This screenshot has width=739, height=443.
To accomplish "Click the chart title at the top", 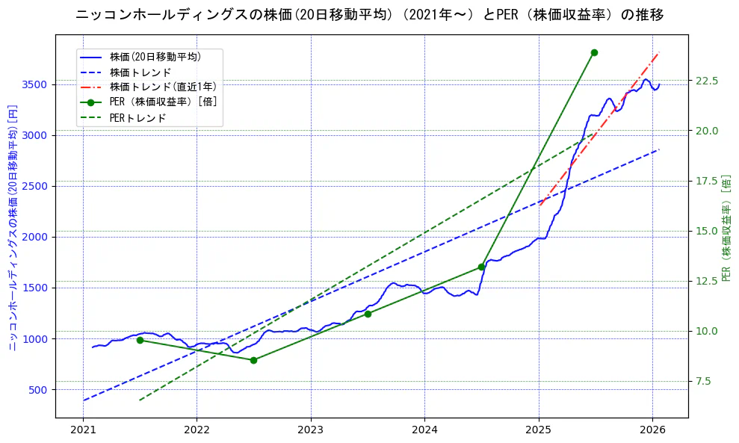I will pyautogui.click(x=370, y=15).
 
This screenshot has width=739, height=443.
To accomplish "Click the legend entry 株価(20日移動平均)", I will pyautogui.click(x=155, y=56).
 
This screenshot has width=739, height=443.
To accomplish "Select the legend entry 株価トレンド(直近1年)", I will pyautogui.click(x=163, y=87).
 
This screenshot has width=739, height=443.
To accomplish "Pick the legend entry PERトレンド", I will pyautogui.click(x=137, y=118).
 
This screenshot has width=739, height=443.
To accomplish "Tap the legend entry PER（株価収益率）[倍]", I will pyautogui.click(x=163, y=102).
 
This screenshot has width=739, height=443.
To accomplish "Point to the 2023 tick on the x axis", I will pyautogui.click(x=311, y=430).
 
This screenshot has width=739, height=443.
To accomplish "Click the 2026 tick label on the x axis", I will pyautogui.click(x=652, y=430).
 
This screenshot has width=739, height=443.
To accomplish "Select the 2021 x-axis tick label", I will pyautogui.click(x=83, y=430).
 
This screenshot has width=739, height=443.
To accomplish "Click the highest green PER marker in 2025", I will pyautogui.click(x=594, y=52).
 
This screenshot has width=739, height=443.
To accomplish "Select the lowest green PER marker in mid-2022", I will pyautogui.click(x=253, y=360).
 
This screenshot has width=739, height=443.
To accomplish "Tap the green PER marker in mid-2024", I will pyautogui.click(x=481, y=267).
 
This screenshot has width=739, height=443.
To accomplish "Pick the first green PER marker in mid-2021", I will pyautogui.click(x=140, y=340).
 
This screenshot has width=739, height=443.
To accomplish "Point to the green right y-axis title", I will pyautogui.click(x=726, y=228).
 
